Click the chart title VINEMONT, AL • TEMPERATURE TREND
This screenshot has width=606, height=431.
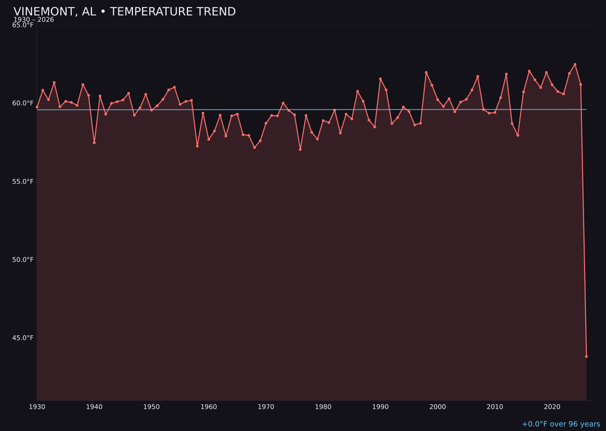(125, 12)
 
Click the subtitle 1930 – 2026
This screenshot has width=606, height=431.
(34, 20)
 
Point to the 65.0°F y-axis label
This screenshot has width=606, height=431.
(23, 25)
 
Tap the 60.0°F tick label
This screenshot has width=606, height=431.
(23, 103)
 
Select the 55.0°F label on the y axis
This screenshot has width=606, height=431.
(23, 182)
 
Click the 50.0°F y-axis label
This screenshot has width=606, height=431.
(23, 260)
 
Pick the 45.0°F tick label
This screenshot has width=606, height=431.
(23, 338)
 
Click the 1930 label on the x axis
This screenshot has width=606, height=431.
(37, 407)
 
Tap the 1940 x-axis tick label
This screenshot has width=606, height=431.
(94, 407)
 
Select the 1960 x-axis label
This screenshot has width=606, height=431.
(209, 407)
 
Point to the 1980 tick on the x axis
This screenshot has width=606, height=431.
(323, 407)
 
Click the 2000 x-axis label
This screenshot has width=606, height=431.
(438, 407)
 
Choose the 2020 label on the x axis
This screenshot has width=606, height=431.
(552, 407)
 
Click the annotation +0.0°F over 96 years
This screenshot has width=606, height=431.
(561, 424)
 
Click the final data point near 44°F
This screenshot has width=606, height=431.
(586, 356)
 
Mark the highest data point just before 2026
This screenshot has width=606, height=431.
(575, 65)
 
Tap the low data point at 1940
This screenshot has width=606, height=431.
(94, 143)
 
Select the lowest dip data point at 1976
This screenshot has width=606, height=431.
(300, 149)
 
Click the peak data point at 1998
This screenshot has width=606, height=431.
(426, 72)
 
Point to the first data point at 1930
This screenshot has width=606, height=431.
(37, 107)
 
